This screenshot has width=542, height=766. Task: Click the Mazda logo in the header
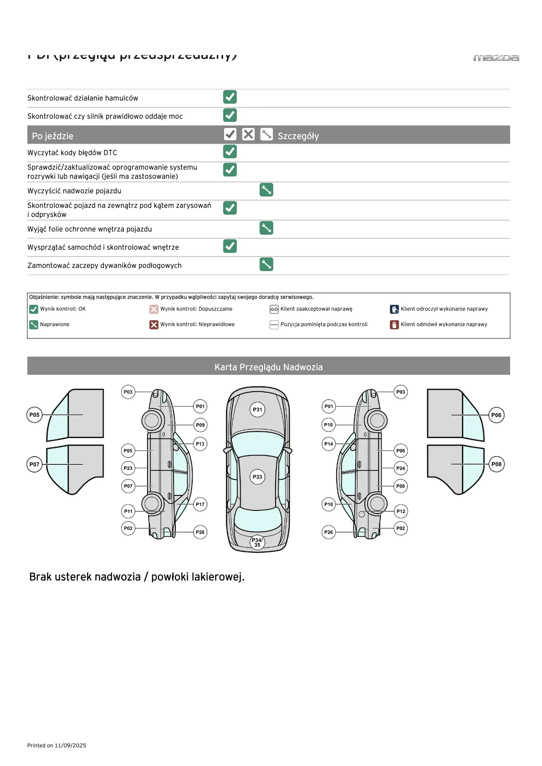[496, 58]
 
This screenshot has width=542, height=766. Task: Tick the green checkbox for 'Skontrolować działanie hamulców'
[230, 97]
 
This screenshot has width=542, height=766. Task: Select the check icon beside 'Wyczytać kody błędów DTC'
[230, 151]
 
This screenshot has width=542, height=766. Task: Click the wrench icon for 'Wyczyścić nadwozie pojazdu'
[266, 190]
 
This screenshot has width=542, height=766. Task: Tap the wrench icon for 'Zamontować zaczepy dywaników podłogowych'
[266, 264]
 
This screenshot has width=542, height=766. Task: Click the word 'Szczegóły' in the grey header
[298, 136]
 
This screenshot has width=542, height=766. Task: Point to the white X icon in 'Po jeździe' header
[248, 134]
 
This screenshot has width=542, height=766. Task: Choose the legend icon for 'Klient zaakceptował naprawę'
[274, 309]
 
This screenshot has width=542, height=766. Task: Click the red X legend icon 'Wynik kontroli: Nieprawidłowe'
[154, 325]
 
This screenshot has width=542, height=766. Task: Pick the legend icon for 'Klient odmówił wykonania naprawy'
[394, 325]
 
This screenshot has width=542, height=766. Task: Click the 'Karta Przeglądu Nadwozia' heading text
[268, 367]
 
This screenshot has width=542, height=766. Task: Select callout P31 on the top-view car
[258, 409]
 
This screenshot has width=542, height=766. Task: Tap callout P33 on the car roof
[258, 477]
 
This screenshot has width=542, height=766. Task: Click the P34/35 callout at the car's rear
[257, 542]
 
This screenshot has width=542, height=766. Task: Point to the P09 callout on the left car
[200, 425]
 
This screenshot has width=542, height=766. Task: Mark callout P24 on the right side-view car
[400, 468]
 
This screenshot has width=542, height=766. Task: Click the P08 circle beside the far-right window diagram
[496, 464]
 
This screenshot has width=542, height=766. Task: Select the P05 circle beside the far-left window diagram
[35, 415]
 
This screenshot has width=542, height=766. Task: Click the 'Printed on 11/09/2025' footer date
[57, 746]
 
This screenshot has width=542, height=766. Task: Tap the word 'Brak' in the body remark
[40, 577]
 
